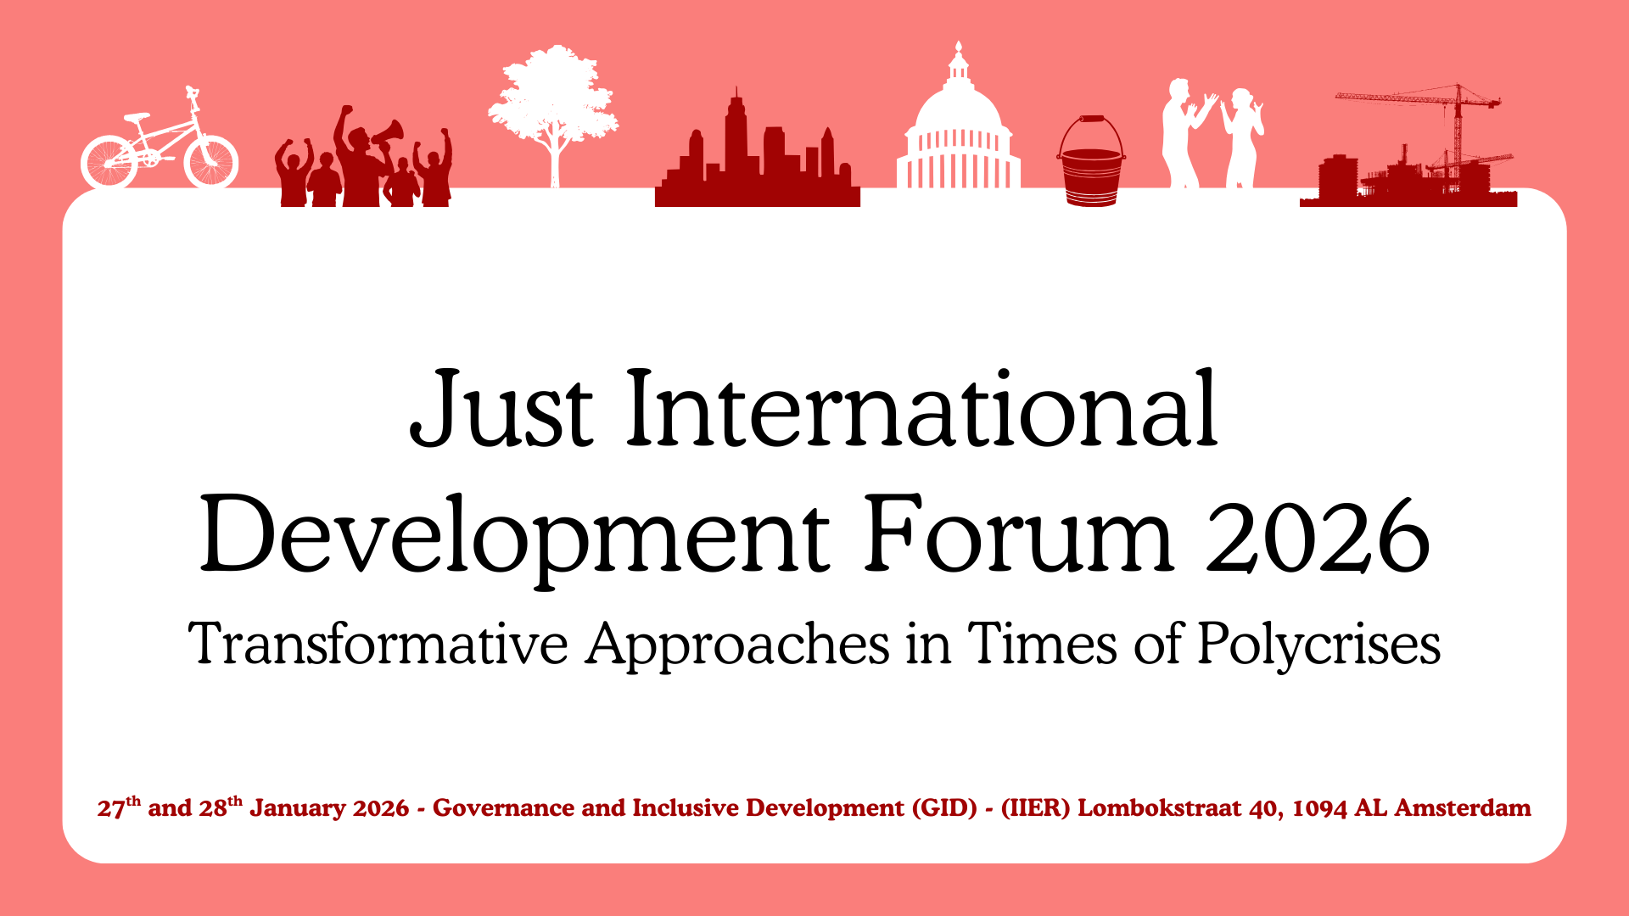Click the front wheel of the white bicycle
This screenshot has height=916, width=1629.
point(211,161)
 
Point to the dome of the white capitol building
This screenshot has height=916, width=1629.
point(959,106)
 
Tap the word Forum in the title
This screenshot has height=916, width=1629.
point(1019,534)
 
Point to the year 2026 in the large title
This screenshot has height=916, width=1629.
point(1318,535)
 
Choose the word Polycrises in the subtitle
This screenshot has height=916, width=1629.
point(1318,645)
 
